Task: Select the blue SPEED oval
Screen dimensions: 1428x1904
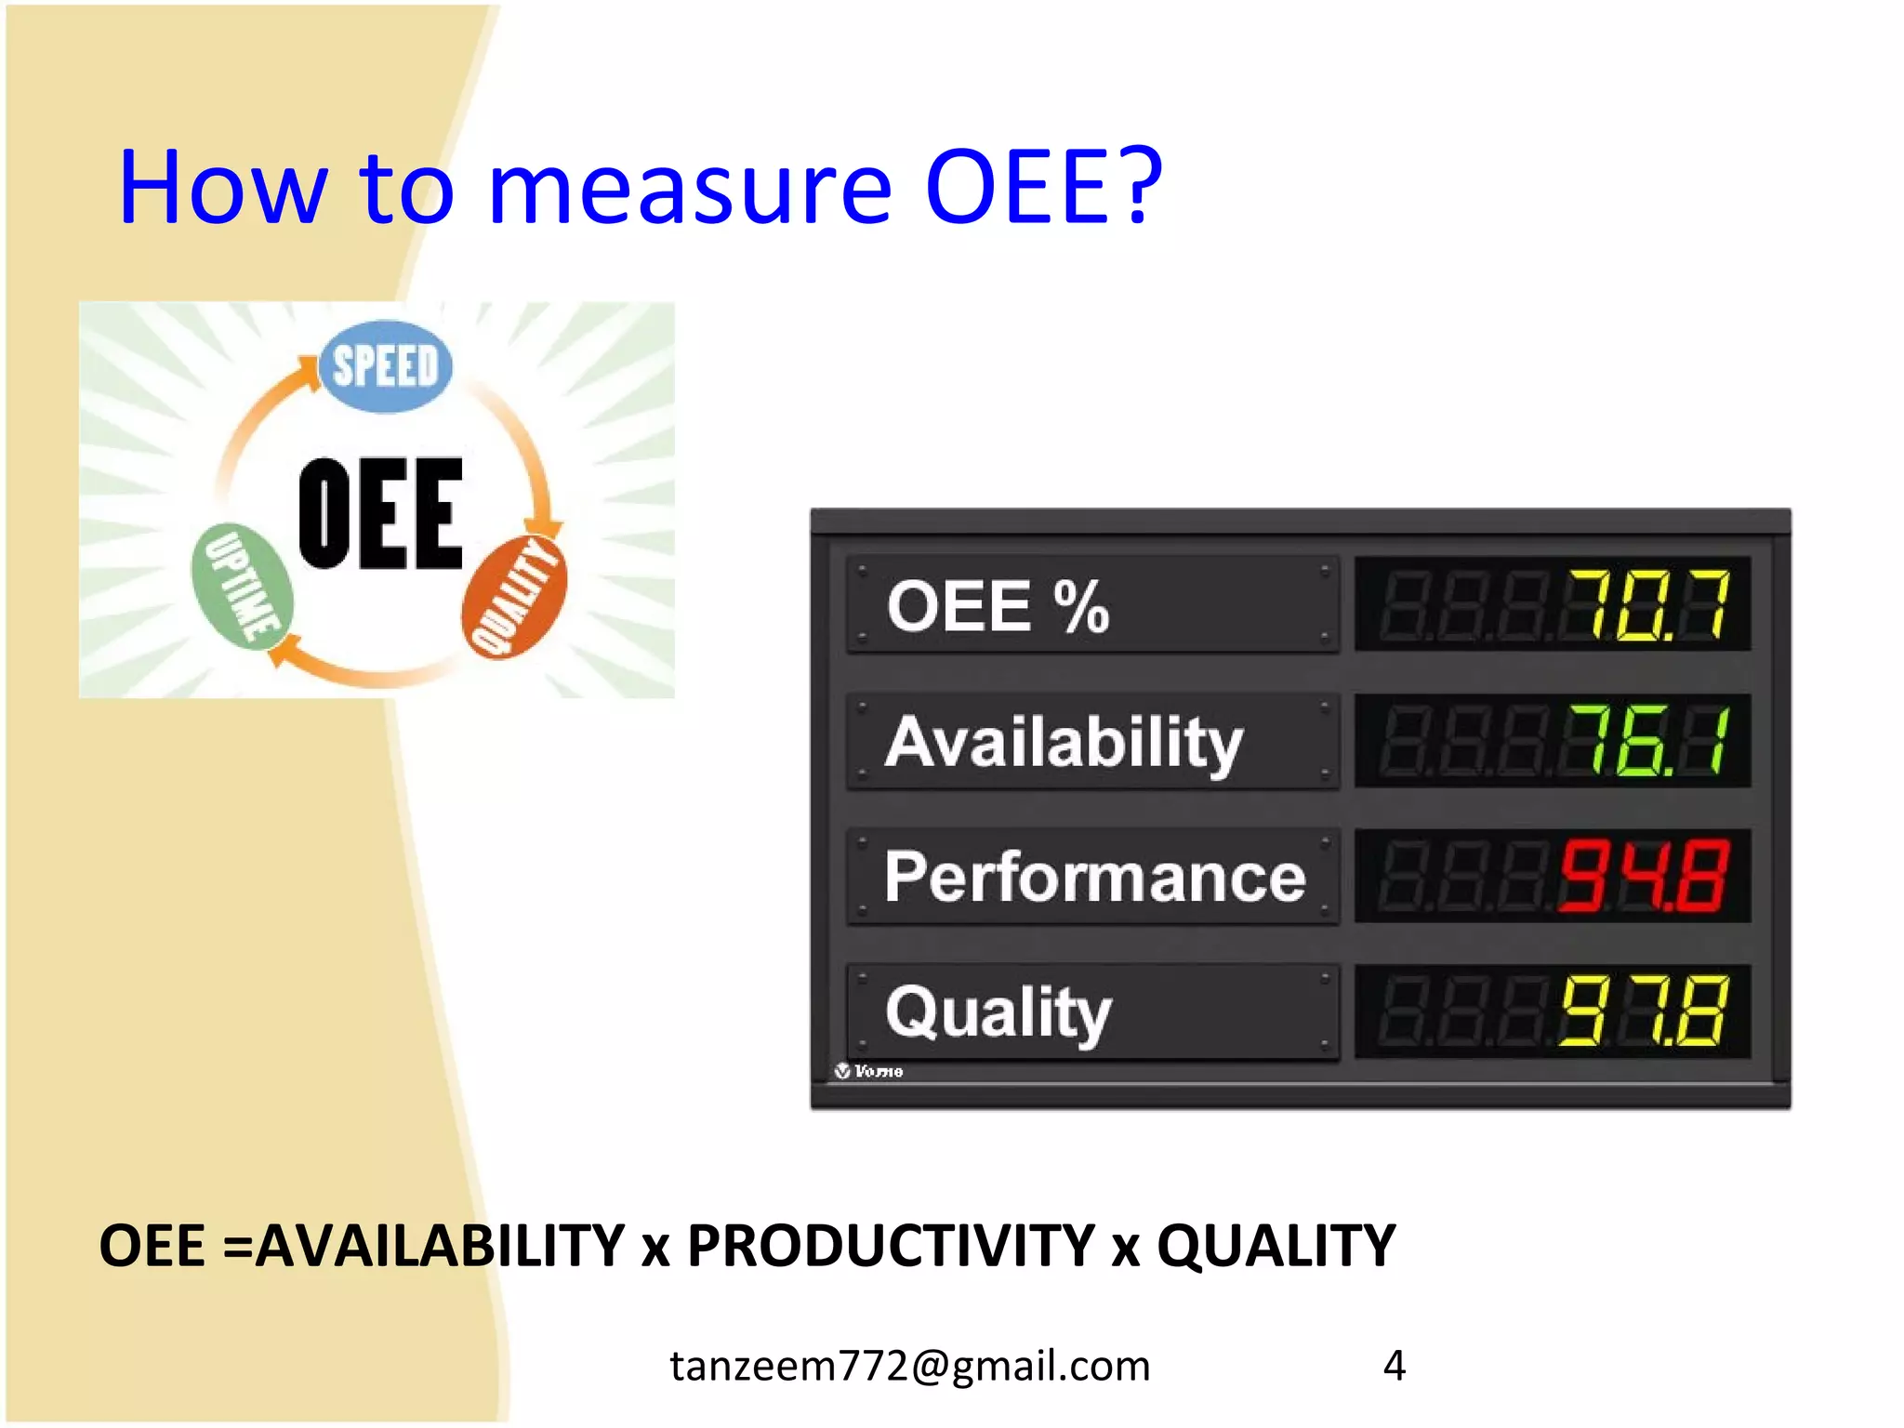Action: coord(385,366)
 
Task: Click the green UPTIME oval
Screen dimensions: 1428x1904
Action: coord(242,585)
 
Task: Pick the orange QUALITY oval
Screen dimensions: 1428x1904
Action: coord(514,596)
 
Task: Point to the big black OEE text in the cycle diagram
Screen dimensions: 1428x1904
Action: coord(380,514)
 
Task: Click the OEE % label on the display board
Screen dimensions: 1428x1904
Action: coord(998,607)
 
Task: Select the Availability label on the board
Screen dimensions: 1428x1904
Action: coord(1064,743)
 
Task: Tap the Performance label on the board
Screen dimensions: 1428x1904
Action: coord(1094,878)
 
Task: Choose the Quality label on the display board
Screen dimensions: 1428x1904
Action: coord(998,1012)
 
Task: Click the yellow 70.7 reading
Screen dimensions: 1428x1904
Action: coord(1646,605)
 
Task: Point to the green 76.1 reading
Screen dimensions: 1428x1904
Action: coord(1646,741)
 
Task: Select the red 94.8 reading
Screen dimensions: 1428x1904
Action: coord(1644,876)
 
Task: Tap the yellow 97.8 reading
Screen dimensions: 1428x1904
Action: coord(1644,1011)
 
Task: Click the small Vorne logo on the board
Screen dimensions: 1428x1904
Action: coord(868,1071)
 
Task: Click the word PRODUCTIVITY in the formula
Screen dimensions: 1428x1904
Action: coord(890,1246)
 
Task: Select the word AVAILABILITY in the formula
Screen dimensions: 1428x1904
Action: coord(440,1246)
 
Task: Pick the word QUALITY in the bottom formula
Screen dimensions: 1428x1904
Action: coord(1276,1246)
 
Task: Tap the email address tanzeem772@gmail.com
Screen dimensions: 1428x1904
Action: coord(910,1366)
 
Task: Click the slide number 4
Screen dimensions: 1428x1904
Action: coord(1394,1366)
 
